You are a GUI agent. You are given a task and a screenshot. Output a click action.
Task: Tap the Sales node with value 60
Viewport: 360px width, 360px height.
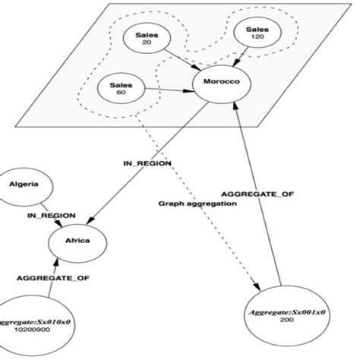[116, 90]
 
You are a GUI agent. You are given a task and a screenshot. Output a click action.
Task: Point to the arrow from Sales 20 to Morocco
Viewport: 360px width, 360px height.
[177, 59]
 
